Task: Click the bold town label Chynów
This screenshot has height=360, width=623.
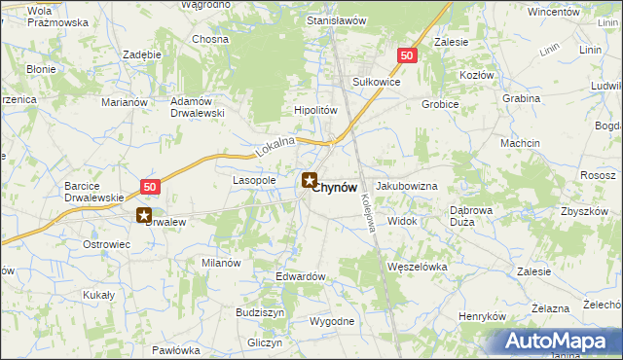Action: click(x=340, y=187)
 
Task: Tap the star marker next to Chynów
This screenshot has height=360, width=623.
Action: click(x=310, y=180)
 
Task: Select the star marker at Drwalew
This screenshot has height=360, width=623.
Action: click(x=144, y=216)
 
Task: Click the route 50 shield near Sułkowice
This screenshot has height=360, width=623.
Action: click(x=407, y=56)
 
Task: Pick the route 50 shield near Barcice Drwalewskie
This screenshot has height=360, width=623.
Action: click(x=149, y=186)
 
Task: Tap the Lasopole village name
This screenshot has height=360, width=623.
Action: click(x=254, y=181)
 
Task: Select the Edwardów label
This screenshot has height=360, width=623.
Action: click(x=300, y=276)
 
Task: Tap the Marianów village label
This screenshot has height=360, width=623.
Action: click(x=125, y=101)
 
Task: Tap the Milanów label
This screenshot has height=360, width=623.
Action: click(x=221, y=263)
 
